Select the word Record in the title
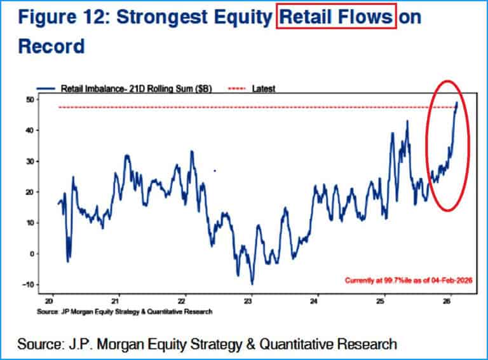[51, 46]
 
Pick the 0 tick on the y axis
[31, 254]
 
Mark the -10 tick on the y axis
[28, 284]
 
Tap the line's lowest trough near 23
[252, 284]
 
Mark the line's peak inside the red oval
[456, 102]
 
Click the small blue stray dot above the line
[215, 170]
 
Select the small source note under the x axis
[125, 312]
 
